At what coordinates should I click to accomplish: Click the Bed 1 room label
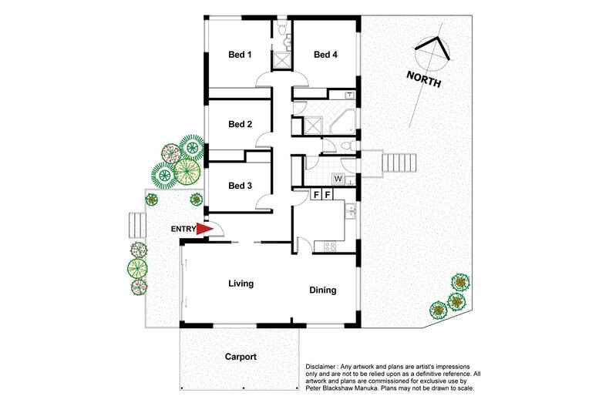(x=240, y=55)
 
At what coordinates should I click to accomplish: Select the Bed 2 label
(x=240, y=124)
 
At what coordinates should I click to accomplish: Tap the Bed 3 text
(x=240, y=186)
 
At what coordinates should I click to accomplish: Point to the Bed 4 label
(x=326, y=55)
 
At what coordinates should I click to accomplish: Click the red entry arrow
(x=204, y=229)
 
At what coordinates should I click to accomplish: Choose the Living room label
(x=241, y=284)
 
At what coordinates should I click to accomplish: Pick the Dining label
(x=323, y=290)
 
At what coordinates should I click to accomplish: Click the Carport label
(x=241, y=357)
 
